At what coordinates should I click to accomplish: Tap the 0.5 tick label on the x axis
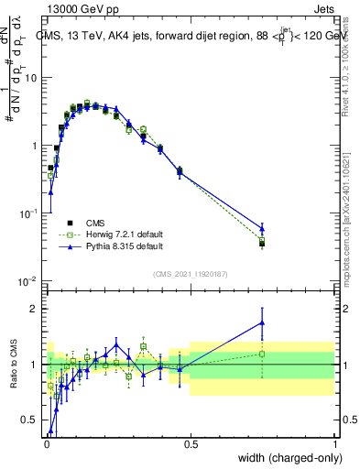pos(190,443)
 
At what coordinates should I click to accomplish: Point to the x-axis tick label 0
pos(46,443)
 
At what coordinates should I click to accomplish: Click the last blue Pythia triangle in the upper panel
pos(262,229)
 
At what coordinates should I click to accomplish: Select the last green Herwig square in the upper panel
pos(262,241)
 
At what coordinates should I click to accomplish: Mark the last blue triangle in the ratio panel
pos(262,322)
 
